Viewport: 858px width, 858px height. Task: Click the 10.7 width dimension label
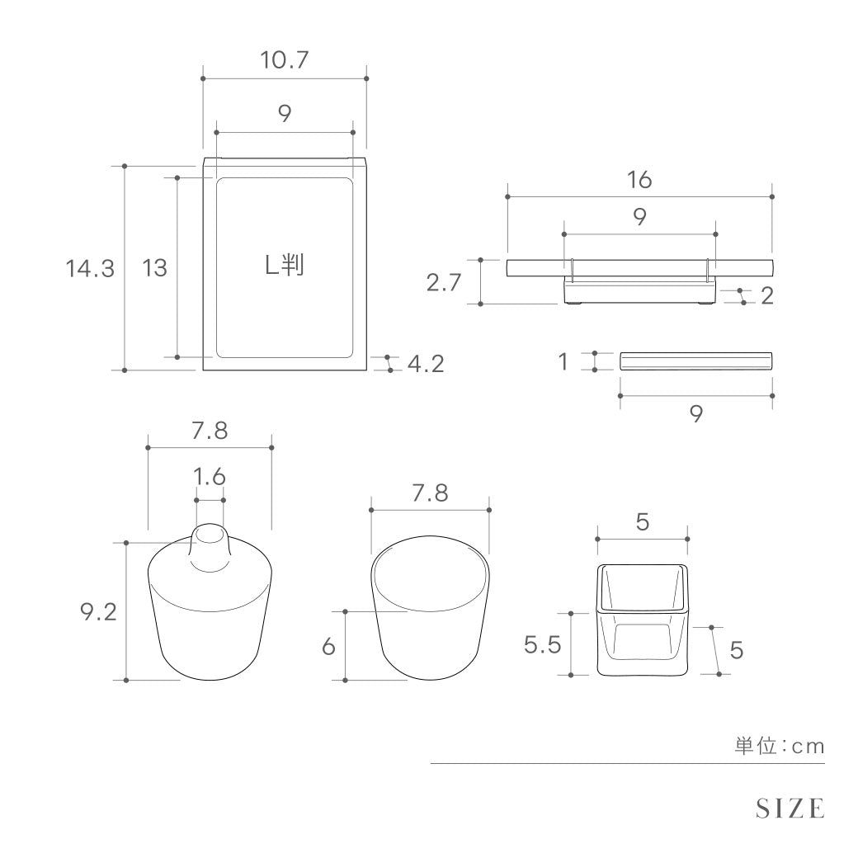[x=284, y=59]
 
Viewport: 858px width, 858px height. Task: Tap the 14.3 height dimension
[x=90, y=269]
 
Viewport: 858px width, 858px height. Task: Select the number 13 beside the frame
[x=154, y=268]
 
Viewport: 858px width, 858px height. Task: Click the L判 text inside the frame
[x=285, y=266]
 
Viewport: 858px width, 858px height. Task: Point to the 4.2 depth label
[x=426, y=364]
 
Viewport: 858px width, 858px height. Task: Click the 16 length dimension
[x=639, y=180]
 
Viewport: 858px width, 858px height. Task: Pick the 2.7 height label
[x=444, y=283]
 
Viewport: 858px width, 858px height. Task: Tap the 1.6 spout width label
[x=210, y=477]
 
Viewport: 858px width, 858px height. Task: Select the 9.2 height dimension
[x=98, y=612]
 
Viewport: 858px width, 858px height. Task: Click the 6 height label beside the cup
[x=328, y=647]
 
